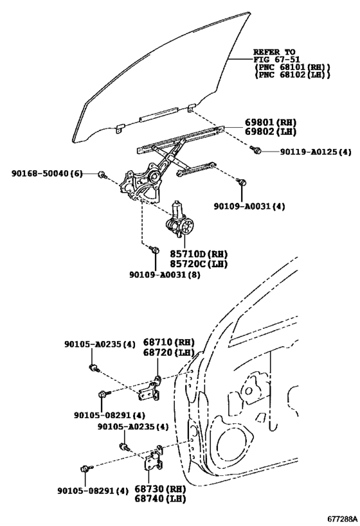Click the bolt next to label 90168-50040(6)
102,175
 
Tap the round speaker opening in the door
229,450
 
